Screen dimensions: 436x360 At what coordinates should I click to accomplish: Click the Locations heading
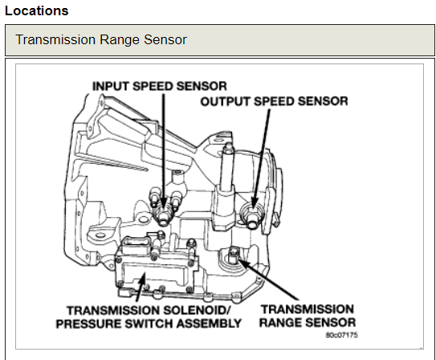coord(37,11)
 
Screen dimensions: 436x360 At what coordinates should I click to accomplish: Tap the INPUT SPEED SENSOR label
coord(160,86)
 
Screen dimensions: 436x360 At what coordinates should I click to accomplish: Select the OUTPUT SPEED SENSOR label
coord(274,101)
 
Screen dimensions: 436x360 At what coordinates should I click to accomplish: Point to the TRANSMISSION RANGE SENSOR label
coord(308,316)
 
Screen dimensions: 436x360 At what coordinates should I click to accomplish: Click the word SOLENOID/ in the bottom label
coord(197,310)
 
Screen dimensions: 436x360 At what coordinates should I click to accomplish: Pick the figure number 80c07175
coord(341,335)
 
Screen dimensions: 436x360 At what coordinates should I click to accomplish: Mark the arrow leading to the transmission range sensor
coord(268,279)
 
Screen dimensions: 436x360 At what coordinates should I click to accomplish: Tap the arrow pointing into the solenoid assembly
coord(141,287)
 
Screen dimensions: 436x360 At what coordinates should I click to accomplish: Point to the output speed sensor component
coord(251,215)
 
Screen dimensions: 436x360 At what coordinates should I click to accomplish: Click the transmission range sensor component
coord(233,256)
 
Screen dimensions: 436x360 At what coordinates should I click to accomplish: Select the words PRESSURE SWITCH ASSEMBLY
coord(149,324)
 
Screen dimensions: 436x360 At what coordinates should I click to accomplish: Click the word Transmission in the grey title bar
coord(55,39)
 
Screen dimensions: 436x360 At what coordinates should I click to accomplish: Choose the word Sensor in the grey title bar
coord(165,39)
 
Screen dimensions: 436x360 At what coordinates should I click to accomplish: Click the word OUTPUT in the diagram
coord(226,101)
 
